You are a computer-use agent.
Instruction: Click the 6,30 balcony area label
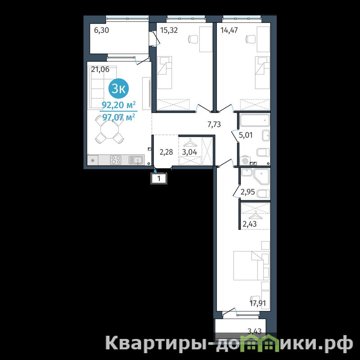click(102, 30)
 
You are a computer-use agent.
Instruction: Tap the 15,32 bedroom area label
click(169, 30)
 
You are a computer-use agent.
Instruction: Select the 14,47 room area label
click(229, 30)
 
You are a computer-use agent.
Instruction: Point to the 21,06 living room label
click(100, 69)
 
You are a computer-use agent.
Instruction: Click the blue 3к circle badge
click(118, 89)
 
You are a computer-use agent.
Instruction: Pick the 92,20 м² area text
click(118, 105)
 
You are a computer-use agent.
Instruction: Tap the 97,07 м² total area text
click(118, 117)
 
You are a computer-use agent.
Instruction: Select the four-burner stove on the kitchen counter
click(116, 160)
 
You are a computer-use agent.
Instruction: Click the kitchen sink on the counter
click(136, 160)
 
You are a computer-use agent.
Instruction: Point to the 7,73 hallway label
click(214, 124)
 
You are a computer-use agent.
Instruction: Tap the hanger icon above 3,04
click(189, 143)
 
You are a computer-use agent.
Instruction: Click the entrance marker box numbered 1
click(159, 178)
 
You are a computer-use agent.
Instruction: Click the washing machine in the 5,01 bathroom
click(244, 161)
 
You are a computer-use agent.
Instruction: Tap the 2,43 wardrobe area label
click(250, 224)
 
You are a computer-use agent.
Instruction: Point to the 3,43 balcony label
click(255, 331)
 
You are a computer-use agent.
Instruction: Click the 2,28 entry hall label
click(166, 152)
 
